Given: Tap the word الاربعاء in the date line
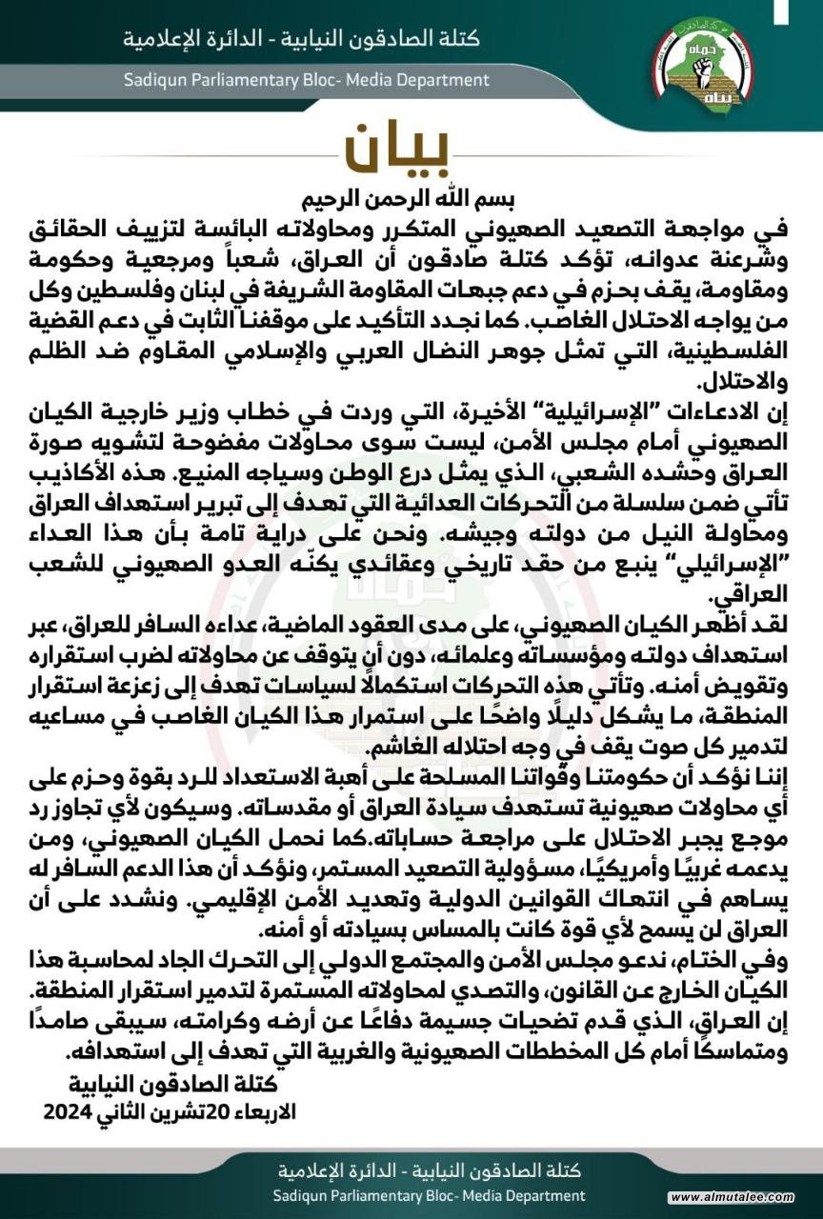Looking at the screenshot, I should tap(263, 1111).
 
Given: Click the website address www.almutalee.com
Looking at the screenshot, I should tap(745, 1197).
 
